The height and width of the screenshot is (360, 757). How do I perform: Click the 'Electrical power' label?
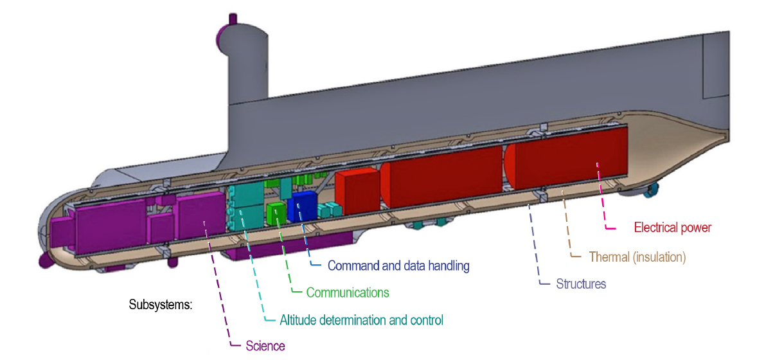click(x=672, y=227)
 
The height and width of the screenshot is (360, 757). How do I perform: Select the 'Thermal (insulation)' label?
click(x=637, y=257)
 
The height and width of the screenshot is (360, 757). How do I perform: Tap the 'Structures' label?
click(x=581, y=283)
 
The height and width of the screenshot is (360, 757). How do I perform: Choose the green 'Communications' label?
click(x=348, y=292)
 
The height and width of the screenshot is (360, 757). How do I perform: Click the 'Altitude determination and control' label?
click(x=362, y=319)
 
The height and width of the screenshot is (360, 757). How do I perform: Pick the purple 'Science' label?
click(x=265, y=346)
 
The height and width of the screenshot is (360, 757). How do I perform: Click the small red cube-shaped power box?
click(x=357, y=192)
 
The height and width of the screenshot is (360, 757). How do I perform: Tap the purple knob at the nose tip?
click(x=44, y=260)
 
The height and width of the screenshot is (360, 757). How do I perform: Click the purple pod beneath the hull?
click(x=289, y=247)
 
